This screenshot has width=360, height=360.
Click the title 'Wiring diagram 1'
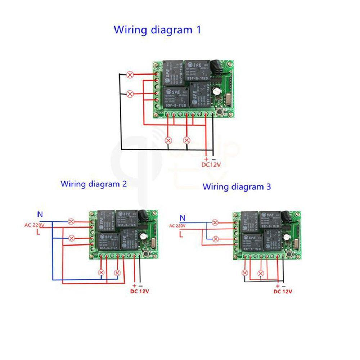[x=157, y=30]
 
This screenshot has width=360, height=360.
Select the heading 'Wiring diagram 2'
[x=94, y=184]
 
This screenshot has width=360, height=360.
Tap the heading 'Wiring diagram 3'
[x=237, y=187]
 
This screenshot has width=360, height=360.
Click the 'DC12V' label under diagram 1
[x=211, y=165]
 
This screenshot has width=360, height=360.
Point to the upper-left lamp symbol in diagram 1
[x=130, y=75]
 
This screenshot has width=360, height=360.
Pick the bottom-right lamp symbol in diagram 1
[x=186, y=140]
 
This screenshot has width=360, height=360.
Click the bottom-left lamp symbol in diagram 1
[x=168, y=140]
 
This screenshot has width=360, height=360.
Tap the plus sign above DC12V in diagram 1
[x=206, y=159]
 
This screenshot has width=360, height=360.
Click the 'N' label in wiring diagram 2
[x=40, y=215]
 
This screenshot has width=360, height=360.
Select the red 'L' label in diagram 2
[x=38, y=233]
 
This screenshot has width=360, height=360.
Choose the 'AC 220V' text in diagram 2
[x=34, y=225]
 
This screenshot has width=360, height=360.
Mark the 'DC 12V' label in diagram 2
[x=139, y=291]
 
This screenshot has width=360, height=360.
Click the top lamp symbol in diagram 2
[x=71, y=221]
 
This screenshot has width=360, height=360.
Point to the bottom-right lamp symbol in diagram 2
[x=117, y=273]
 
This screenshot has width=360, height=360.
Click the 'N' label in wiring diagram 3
[x=183, y=217]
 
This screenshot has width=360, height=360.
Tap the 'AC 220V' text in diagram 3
[x=177, y=226]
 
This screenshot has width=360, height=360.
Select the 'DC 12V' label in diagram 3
[x=283, y=291]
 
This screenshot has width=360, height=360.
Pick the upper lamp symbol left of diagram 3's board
[x=215, y=222]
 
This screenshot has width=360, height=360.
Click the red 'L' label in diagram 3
[x=181, y=235]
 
